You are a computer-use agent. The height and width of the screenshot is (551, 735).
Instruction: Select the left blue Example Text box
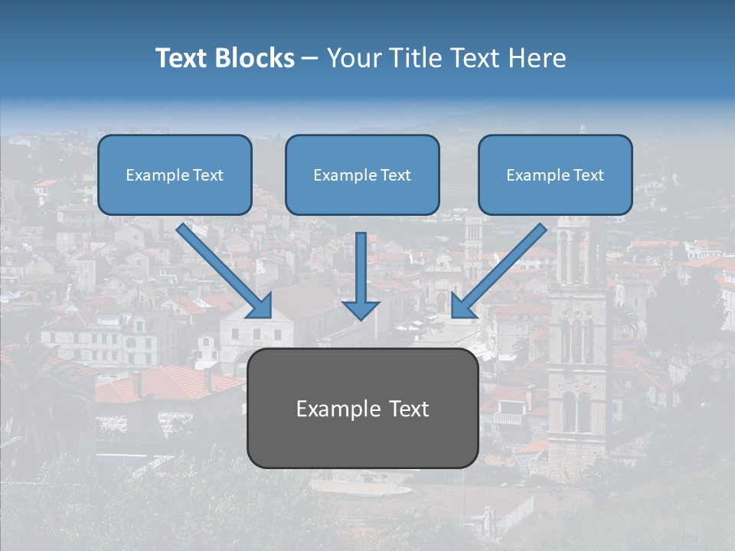(x=175, y=174)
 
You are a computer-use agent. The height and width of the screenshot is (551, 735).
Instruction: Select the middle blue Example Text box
(x=362, y=174)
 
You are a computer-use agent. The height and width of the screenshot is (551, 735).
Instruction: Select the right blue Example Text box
(x=555, y=174)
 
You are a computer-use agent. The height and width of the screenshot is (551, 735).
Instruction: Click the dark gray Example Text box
(x=362, y=408)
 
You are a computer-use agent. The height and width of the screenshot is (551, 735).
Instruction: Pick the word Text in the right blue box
(x=588, y=174)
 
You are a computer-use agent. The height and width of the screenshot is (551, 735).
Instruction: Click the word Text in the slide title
(x=184, y=58)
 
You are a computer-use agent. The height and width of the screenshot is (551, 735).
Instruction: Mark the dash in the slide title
(x=310, y=58)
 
